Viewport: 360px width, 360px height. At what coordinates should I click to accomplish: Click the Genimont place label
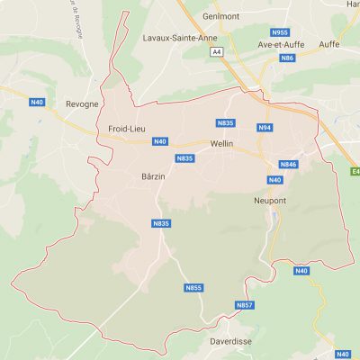[x=220, y=16]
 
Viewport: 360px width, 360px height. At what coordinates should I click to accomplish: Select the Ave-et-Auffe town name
[x=282, y=43]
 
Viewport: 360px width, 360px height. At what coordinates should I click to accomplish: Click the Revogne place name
[x=82, y=104]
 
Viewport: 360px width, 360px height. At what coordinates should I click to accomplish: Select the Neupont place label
[x=269, y=201]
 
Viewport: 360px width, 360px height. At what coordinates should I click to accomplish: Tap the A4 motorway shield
[x=216, y=52]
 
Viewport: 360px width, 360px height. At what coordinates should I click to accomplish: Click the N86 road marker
[x=287, y=58]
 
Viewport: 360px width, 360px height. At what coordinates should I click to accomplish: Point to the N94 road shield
[x=265, y=128]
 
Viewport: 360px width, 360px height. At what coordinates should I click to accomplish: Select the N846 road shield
[x=288, y=164]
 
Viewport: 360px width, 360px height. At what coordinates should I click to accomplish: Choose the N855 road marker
[x=193, y=288]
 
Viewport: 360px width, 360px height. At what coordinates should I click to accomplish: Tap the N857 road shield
[x=244, y=306]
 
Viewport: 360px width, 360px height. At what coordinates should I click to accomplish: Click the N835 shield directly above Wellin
[x=225, y=121]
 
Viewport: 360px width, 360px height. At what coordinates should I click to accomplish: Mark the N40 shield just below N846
[x=274, y=180]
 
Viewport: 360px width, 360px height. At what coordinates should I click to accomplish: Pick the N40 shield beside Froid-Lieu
[x=159, y=141]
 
